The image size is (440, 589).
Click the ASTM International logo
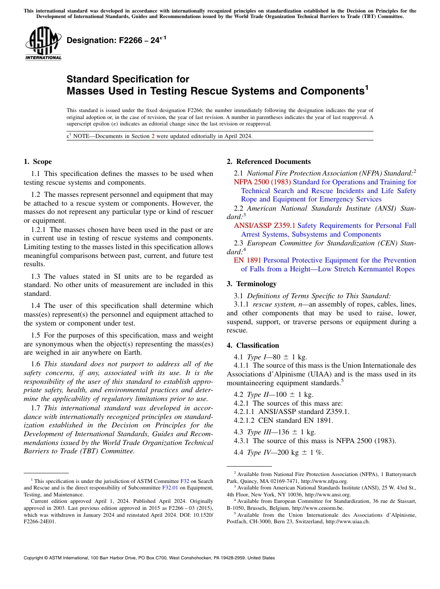coord(44,44)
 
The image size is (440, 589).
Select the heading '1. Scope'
coord(38,162)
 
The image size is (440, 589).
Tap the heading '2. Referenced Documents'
coord(269,162)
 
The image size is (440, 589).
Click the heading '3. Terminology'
coord(251,283)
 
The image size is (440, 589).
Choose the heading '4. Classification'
coord(253,345)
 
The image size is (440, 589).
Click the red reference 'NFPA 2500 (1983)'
coord(262,182)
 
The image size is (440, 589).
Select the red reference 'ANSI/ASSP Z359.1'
coord(264,226)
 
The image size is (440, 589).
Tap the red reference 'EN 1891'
coord(247,260)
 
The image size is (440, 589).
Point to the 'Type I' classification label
coord(254,357)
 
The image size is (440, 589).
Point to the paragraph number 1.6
coord(36,364)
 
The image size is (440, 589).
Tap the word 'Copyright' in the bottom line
coord(35,558)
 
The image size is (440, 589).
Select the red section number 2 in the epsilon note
coord(153,136)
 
